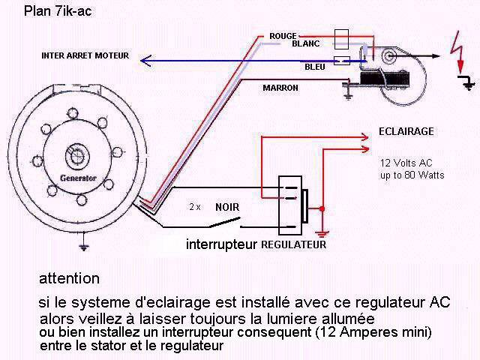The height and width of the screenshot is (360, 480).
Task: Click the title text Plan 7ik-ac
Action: pyautogui.click(x=58, y=11)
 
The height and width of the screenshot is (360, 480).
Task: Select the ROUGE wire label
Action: pyautogui.click(x=283, y=36)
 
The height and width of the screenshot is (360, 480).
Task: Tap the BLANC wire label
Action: pyautogui.click(x=305, y=43)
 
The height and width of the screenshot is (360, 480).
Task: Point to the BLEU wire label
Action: pyautogui.click(x=315, y=67)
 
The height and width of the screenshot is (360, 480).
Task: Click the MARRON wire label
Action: pyautogui.click(x=280, y=88)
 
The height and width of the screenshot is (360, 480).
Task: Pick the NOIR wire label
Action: pyautogui.click(x=227, y=207)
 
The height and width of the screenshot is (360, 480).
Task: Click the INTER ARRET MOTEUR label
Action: pyautogui.click(x=85, y=55)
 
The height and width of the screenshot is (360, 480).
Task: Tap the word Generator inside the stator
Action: pyautogui.click(x=78, y=178)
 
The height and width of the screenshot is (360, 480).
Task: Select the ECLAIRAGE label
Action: pyautogui.click(x=406, y=132)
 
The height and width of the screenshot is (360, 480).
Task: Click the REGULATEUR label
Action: pyautogui.click(x=293, y=244)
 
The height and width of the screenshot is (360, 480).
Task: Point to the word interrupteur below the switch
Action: pyautogui.click(x=222, y=244)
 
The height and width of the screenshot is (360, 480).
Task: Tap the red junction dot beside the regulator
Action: pyautogui.click(x=322, y=209)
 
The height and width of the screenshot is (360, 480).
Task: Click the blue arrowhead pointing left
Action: pyautogui.click(x=145, y=61)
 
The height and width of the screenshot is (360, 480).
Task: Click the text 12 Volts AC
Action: pyautogui.click(x=406, y=163)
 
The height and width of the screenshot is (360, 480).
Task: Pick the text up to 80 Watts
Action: pyautogui.click(x=412, y=175)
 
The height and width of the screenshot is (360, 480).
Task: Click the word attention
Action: pyautogui.click(x=70, y=279)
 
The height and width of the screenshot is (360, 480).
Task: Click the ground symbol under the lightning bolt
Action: pyautogui.click(x=468, y=82)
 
